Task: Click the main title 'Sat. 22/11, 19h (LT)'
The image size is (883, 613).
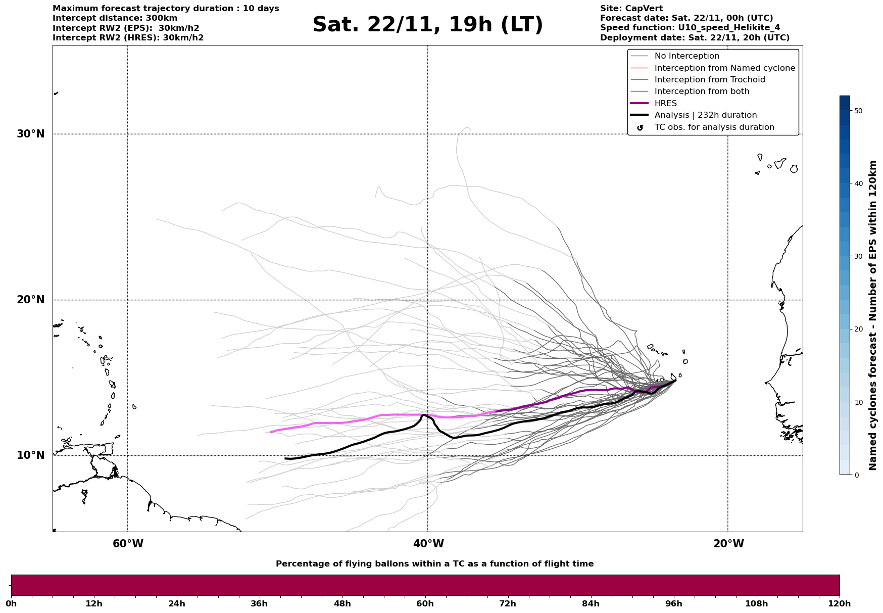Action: tap(427, 25)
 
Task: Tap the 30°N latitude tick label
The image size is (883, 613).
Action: tap(31, 134)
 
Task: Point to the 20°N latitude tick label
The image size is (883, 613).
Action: tap(31, 300)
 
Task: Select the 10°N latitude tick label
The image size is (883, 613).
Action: tap(31, 455)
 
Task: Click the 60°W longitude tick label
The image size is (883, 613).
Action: tap(128, 544)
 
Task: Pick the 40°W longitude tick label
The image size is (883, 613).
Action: tap(428, 544)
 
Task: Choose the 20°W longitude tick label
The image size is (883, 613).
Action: tap(728, 544)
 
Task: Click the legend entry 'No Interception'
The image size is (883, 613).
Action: tap(686, 56)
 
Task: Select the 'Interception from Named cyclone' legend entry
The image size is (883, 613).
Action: tap(724, 68)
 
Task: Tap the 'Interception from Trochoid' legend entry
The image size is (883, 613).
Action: tap(709, 80)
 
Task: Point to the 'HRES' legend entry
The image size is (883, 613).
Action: tap(665, 104)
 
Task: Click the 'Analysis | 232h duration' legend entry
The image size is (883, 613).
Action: tap(705, 115)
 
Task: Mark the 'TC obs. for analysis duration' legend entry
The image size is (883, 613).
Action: tap(714, 127)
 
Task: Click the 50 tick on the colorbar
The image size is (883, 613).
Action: tap(858, 111)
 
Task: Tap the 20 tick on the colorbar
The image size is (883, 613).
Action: tap(858, 329)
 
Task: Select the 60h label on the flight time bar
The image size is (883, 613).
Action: tap(425, 603)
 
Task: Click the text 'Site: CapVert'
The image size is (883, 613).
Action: tap(631, 9)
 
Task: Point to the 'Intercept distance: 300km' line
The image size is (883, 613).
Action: tap(115, 18)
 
